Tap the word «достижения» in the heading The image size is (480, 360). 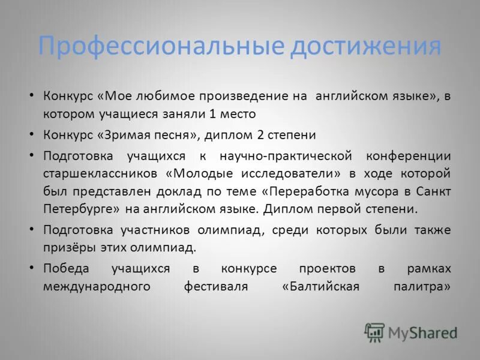point(365,46)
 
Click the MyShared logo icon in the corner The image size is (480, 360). point(374,332)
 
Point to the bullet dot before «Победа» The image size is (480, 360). point(32,267)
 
